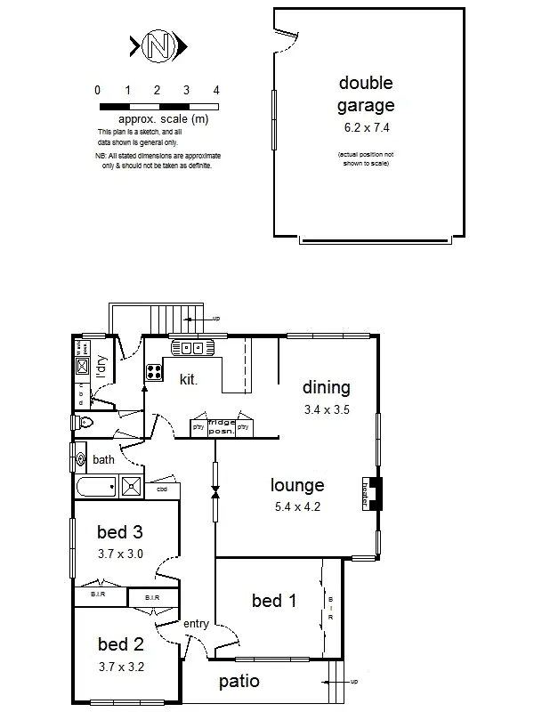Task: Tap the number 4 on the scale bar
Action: [216, 91]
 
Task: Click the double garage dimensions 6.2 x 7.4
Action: [367, 128]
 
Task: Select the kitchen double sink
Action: [193, 348]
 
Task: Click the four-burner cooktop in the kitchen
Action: [153, 371]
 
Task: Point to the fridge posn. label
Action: [221, 426]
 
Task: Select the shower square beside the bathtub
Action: [133, 487]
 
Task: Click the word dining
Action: [327, 387]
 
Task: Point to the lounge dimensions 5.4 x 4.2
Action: [297, 507]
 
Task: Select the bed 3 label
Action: [119, 533]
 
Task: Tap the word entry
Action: [196, 624]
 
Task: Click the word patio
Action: [240, 682]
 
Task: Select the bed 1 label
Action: [273, 601]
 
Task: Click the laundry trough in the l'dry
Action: [81, 366]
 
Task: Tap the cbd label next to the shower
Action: [163, 489]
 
